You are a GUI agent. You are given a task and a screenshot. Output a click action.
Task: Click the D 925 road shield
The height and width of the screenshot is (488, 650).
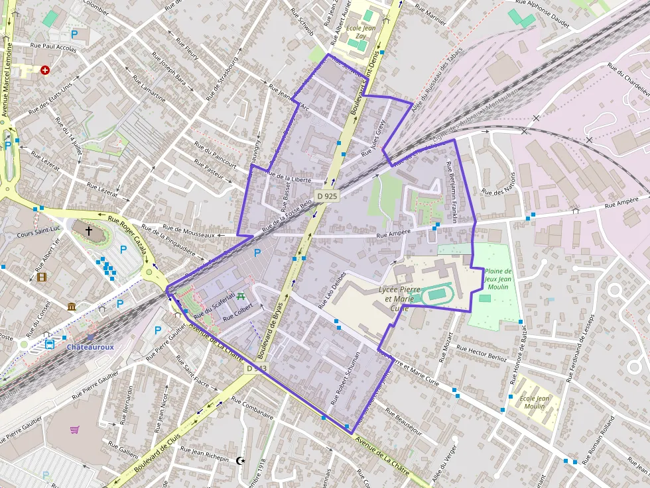click(x=327, y=196)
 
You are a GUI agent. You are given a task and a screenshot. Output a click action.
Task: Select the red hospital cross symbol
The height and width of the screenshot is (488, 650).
click(x=45, y=70)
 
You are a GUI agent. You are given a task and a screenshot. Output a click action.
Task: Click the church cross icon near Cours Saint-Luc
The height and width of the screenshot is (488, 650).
click(x=88, y=231)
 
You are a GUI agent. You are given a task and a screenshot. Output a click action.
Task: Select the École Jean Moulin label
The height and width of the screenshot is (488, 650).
click(x=535, y=402)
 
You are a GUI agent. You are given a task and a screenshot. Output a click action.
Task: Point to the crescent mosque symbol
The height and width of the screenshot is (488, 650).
click(x=240, y=460)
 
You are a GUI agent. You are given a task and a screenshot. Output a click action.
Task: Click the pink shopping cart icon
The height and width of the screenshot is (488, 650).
click(x=75, y=430)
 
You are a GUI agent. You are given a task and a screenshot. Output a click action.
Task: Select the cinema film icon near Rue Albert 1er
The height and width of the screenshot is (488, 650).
click(x=42, y=277)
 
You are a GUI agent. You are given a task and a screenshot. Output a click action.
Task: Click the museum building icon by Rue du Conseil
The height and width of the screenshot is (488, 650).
click(x=71, y=306)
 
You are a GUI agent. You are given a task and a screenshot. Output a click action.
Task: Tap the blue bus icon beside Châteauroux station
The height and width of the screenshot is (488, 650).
click(x=50, y=344)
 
